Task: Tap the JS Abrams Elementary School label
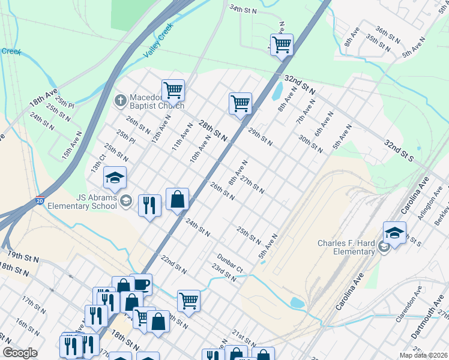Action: (96, 202)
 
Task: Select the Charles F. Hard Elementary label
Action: (346, 247)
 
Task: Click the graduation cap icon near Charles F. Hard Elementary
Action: (394, 233)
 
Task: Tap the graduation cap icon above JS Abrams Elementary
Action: (115, 178)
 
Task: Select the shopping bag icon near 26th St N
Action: (178, 199)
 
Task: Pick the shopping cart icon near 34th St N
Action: (282, 44)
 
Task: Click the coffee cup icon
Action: (141, 284)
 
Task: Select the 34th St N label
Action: (243, 10)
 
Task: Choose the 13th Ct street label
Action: (98, 164)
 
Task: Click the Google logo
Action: (20, 353)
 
